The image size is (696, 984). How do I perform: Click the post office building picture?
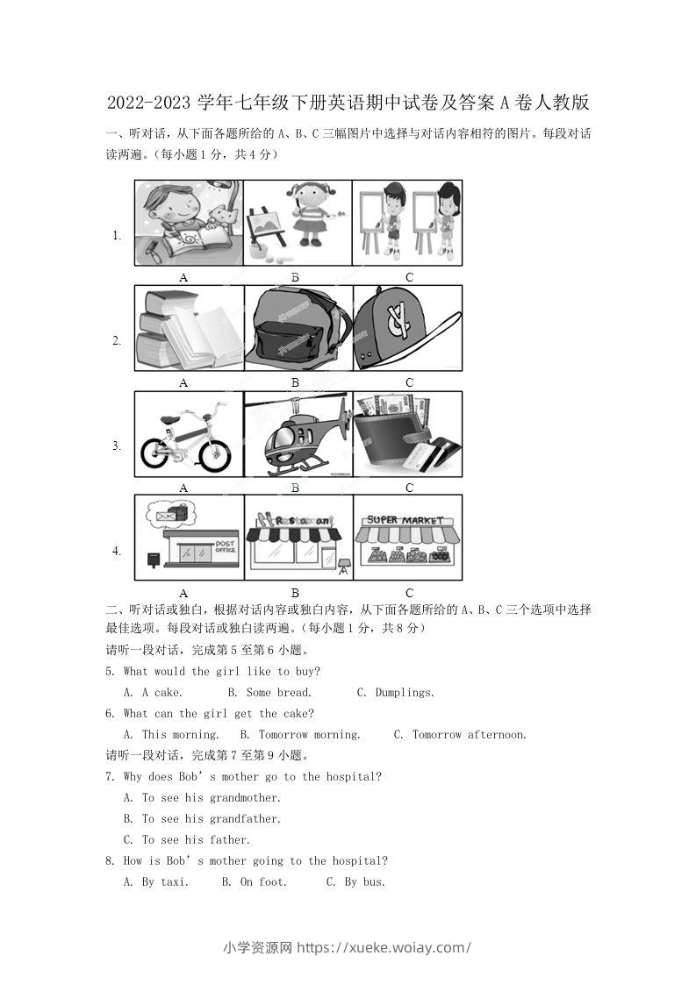click(x=189, y=538)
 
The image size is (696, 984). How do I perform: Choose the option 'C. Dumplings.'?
click(x=396, y=693)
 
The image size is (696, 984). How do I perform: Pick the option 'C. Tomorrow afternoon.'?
click(x=460, y=735)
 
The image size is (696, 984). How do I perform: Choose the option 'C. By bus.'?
click(x=355, y=882)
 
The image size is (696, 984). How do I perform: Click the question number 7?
click(x=109, y=777)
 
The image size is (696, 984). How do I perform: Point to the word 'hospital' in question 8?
click(x=345, y=861)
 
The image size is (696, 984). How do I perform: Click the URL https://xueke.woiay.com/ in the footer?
click(x=384, y=947)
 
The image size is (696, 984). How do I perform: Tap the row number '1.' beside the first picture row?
click(x=117, y=235)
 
